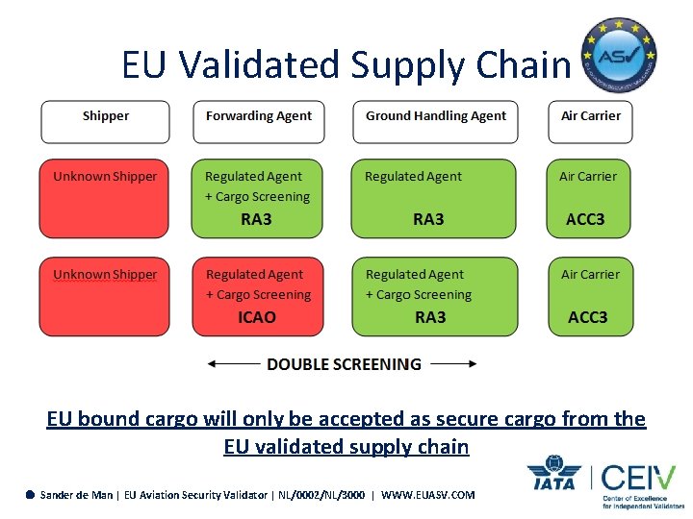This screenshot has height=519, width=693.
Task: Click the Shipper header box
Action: point(105,121)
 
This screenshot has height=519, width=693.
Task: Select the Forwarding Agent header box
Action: point(259,121)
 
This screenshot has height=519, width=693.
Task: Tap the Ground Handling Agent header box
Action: point(435,121)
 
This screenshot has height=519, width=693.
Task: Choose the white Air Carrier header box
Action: point(590,121)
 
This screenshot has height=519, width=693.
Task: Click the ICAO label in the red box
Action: point(257,317)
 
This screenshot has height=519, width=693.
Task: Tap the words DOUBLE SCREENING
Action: point(344,364)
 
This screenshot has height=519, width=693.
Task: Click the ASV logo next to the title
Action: point(619,55)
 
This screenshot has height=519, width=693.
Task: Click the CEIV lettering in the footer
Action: point(640,477)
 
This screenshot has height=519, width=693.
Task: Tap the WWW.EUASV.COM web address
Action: point(428,495)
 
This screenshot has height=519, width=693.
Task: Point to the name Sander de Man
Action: point(76,495)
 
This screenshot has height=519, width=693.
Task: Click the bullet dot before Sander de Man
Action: point(31,495)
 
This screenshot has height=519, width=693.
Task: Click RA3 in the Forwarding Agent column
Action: point(256,219)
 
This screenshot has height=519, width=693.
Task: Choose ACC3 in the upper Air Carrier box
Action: point(585,219)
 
